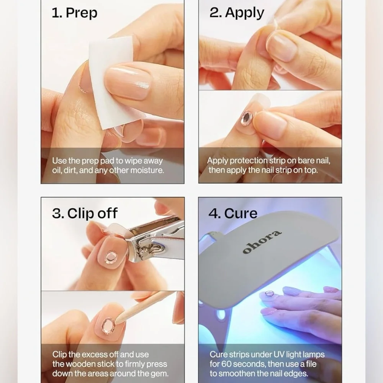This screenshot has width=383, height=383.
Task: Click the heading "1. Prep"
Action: [x=75, y=13]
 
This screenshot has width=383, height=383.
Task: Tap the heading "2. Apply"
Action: [x=237, y=13]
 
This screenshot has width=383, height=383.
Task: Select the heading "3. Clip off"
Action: [x=85, y=213]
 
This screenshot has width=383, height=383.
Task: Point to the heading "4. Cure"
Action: [x=233, y=213]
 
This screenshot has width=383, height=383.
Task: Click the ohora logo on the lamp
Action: [x=262, y=242]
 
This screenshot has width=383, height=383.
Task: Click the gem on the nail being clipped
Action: [x=111, y=257]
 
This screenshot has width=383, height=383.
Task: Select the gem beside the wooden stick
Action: [x=108, y=326]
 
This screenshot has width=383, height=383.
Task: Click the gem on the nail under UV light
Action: [x=269, y=293]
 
